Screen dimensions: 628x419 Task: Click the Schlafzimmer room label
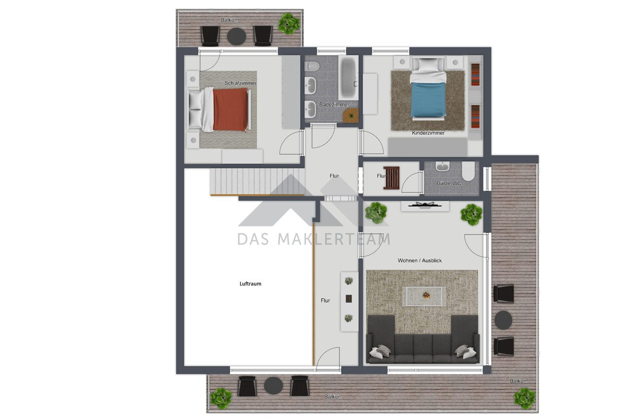pos(240,83)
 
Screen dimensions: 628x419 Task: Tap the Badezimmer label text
pos(334,105)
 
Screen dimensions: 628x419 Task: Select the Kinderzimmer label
pos(428,133)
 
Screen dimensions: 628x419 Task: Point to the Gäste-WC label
pos(448,183)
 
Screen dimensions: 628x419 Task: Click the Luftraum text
pos(250,284)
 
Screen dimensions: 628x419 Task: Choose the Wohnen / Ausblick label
pos(420,260)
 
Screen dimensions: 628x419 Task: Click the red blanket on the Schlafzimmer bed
pos(230,109)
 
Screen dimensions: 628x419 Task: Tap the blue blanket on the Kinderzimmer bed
pos(428,100)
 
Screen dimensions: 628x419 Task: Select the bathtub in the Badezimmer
pos(348,78)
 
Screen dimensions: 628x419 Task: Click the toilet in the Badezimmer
pos(312,67)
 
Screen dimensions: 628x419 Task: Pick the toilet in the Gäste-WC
pos(468,171)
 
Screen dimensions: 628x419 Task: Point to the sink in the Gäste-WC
pos(443,166)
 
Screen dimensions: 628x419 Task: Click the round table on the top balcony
pos(237,36)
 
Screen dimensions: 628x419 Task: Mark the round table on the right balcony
pos(503,320)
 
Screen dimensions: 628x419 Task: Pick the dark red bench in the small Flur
pos(391,178)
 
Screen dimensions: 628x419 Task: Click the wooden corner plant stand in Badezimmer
pos(351,115)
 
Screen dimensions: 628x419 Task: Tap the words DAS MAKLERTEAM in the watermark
pos(314,239)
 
